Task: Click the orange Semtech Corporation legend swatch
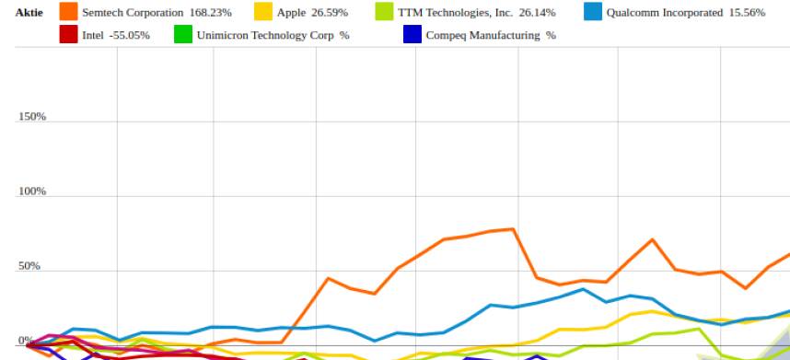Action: click(68, 13)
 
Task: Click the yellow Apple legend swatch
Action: click(262, 13)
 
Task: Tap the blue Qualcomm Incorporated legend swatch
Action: click(592, 13)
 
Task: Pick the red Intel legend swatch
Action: click(68, 35)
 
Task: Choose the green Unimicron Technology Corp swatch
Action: click(182, 35)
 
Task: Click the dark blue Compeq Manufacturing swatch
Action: click(412, 35)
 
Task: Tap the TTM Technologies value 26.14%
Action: click(534, 13)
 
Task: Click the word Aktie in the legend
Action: click(29, 13)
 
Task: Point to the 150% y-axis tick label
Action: click(32, 117)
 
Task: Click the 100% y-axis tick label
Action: click(32, 192)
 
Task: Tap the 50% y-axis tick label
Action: click(30, 266)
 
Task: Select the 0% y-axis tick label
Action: click(26, 341)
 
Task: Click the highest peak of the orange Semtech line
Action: click(513, 228)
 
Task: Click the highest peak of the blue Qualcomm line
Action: click(582, 289)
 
